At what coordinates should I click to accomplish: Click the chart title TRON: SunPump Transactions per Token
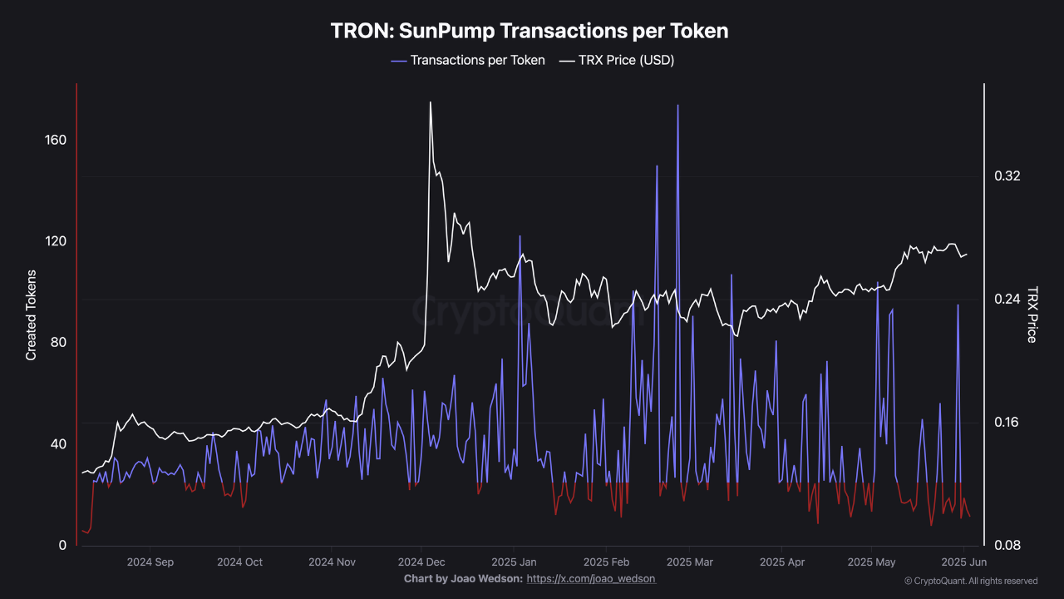point(530,31)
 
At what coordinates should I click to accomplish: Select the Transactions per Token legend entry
point(477,60)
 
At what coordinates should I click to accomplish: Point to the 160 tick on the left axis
point(56,140)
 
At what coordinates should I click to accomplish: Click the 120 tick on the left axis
point(56,241)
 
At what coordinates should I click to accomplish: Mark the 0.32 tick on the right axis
point(1007,176)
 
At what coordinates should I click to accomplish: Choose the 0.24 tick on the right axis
point(1007,299)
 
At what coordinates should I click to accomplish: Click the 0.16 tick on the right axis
point(1007,423)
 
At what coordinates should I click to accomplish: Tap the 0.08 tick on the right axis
point(1007,546)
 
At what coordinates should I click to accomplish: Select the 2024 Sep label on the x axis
point(150,562)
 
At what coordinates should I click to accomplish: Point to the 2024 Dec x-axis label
point(421,562)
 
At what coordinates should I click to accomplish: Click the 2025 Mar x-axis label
point(690,562)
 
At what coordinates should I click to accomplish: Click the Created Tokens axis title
point(32,314)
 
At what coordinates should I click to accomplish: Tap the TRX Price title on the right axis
point(1032,314)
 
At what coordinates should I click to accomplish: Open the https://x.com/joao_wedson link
point(591,578)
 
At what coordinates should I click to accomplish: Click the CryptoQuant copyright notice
point(970,581)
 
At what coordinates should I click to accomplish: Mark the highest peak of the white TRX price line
point(430,102)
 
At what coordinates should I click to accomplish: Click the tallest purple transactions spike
point(677,106)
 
